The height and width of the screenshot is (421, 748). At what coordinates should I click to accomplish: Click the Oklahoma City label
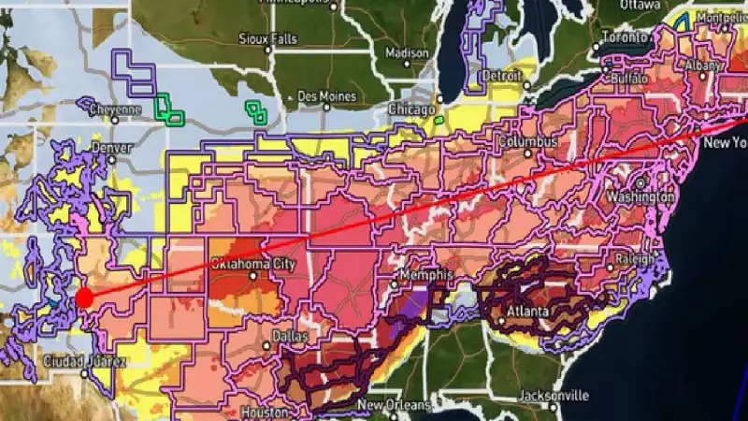254,265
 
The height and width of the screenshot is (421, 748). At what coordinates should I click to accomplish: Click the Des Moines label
327,95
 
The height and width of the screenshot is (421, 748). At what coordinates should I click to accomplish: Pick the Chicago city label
412,110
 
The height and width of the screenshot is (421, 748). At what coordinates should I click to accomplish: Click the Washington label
640,197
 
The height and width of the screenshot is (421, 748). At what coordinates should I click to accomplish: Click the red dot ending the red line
83,298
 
